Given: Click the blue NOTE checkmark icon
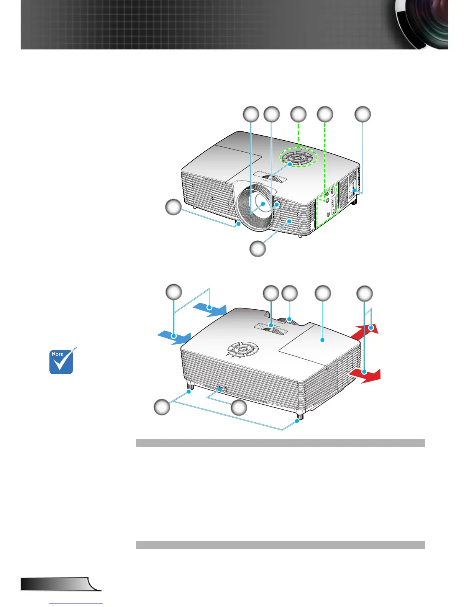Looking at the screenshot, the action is (x=61, y=361).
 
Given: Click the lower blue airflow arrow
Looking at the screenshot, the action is (x=174, y=337).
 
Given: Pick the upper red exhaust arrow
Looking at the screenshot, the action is (x=366, y=330).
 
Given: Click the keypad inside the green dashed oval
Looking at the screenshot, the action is (x=298, y=157).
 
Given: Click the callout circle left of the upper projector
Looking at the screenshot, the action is (x=173, y=207).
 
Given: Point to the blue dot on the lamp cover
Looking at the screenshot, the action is (x=322, y=340).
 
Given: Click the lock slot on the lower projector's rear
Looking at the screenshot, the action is (x=221, y=389).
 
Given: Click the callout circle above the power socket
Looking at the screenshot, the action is (x=362, y=114).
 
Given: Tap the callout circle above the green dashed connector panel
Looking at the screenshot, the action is (x=325, y=114).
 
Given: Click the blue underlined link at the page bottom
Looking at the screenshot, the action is (x=76, y=604).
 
